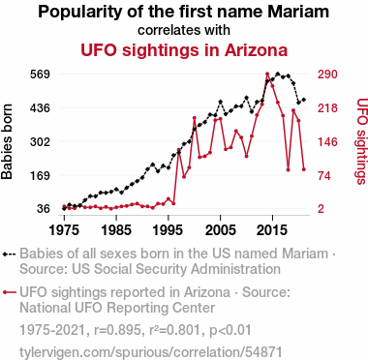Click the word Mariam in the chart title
click(x=298, y=12)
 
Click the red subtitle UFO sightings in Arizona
click(x=184, y=50)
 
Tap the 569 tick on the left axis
click(x=40, y=75)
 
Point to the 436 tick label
click(x=40, y=108)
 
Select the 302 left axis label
click(x=40, y=142)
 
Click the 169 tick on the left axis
click(x=40, y=176)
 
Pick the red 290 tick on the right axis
click(x=327, y=75)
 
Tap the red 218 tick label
click(x=327, y=108)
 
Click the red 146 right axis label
click(x=327, y=142)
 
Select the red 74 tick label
click(x=324, y=176)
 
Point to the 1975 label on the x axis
click(x=64, y=230)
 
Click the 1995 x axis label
click(x=169, y=230)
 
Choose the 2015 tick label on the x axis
click(x=272, y=230)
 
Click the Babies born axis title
click(x=7, y=141)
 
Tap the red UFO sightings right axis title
click(x=362, y=141)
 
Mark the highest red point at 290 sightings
click(x=267, y=75)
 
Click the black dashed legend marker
click(x=10, y=255)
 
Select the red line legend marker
click(x=10, y=292)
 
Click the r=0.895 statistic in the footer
click(x=117, y=330)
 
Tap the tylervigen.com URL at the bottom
click(x=151, y=352)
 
